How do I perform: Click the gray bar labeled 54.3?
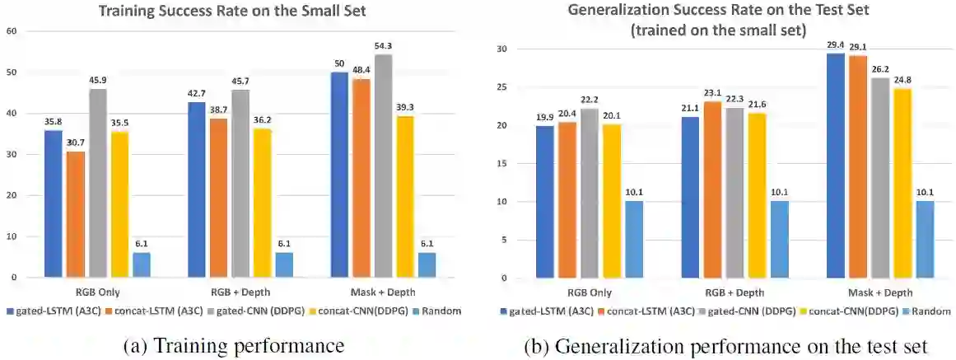pos(384,166)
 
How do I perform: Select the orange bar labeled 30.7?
pos(75,214)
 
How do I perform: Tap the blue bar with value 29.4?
pos(834,165)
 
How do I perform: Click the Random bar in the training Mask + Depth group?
pos(427,264)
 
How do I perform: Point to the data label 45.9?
pos(97,81)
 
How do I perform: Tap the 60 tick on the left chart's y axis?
pos(11,31)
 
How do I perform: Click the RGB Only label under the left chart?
pos(96,292)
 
